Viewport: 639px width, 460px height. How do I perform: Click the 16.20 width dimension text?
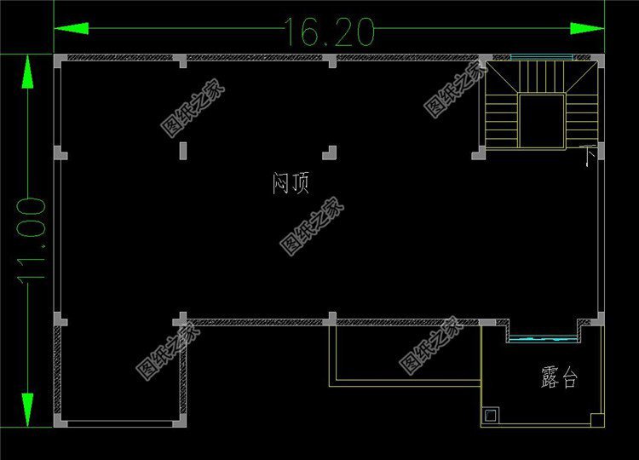(330, 32)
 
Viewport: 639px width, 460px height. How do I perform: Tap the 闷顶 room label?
(291, 183)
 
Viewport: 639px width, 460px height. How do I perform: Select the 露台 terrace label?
(558, 377)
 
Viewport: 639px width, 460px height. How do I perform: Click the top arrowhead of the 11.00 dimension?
(28, 72)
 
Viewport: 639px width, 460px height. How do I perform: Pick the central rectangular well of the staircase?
(541, 121)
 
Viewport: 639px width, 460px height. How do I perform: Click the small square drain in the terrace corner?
(492, 415)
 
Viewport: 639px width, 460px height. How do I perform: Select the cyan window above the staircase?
(541, 58)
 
